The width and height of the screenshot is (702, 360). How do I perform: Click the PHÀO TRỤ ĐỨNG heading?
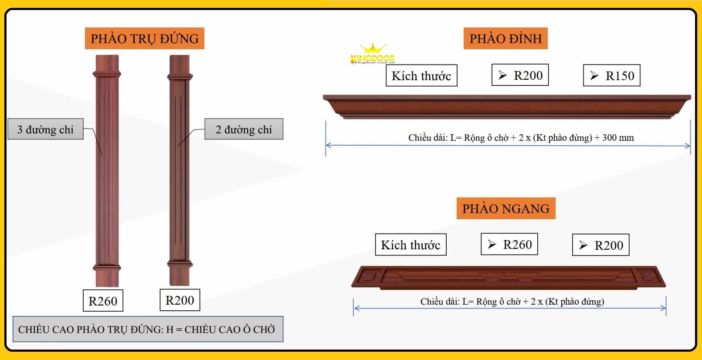(x=144, y=38)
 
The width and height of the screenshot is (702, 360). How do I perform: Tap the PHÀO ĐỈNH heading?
(x=505, y=38)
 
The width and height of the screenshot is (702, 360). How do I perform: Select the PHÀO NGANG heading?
(x=505, y=208)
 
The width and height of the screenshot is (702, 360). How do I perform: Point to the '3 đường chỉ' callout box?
(x=45, y=129)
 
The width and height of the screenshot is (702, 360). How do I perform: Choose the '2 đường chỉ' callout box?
(x=244, y=129)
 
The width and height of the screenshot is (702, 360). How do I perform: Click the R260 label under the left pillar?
(x=103, y=301)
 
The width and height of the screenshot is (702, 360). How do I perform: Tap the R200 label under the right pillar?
(x=180, y=300)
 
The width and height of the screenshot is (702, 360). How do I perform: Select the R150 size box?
(x=611, y=75)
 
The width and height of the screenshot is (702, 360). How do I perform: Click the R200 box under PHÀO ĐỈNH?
(x=520, y=75)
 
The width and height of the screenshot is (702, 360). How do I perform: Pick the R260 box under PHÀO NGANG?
(x=509, y=245)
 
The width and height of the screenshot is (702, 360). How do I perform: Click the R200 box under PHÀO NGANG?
(x=600, y=245)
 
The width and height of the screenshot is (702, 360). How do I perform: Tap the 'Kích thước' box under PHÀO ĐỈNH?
(x=421, y=75)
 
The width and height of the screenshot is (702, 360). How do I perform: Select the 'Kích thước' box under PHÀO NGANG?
(x=410, y=245)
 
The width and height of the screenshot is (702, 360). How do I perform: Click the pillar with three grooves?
(x=107, y=170)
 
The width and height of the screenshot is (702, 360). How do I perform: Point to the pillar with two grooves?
(x=180, y=170)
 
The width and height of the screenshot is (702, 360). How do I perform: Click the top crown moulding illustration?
(x=507, y=106)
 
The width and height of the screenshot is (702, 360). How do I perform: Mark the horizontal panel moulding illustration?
(x=509, y=277)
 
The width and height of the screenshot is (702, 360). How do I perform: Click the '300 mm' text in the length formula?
(x=618, y=138)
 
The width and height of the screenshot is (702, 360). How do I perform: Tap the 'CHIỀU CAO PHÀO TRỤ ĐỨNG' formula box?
(x=147, y=329)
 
